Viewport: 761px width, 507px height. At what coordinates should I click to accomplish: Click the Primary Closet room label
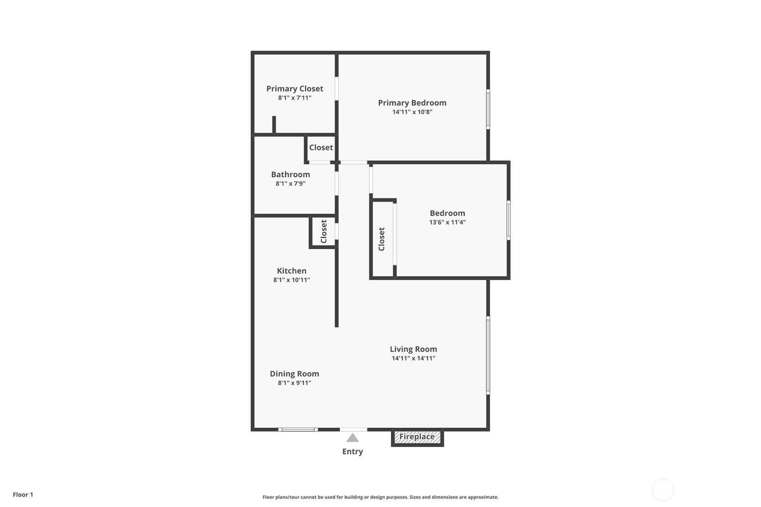pyautogui.click(x=295, y=89)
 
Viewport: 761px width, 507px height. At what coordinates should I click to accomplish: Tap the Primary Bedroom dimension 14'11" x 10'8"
pyautogui.click(x=412, y=112)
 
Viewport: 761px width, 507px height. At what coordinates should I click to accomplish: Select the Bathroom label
pyautogui.click(x=291, y=174)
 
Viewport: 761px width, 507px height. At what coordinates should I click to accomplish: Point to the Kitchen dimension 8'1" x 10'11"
pyautogui.click(x=291, y=280)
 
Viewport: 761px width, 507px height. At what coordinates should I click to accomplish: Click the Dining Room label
pyautogui.click(x=295, y=373)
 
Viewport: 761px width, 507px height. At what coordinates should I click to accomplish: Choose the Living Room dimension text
pyautogui.click(x=413, y=358)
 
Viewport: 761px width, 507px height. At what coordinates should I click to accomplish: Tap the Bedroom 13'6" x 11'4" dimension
pyautogui.click(x=448, y=222)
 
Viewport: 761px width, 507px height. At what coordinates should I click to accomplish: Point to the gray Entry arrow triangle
pyautogui.click(x=352, y=438)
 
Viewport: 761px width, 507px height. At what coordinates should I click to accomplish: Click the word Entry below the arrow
pyautogui.click(x=352, y=452)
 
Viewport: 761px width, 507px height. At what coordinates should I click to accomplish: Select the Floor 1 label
pyautogui.click(x=23, y=494)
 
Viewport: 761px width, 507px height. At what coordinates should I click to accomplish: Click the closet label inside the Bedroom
pyautogui.click(x=382, y=239)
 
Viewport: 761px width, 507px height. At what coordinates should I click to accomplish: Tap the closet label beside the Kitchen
pyautogui.click(x=323, y=231)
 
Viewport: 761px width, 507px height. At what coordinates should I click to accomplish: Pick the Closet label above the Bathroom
pyautogui.click(x=321, y=147)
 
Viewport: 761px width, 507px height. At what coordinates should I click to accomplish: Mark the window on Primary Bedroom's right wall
pyautogui.click(x=488, y=109)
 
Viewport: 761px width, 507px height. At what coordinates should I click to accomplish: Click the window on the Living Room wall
pyautogui.click(x=488, y=355)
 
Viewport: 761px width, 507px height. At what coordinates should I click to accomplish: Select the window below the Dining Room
pyautogui.click(x=298, y=429)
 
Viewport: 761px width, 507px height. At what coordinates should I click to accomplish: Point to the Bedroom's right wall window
pyautogui.click(x=509, y=220)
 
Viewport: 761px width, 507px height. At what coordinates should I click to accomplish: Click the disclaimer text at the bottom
pyautogui.click(x=380, y=497)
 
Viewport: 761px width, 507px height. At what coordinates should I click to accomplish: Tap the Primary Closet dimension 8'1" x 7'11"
pyautogui.click(x=295, y=98)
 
